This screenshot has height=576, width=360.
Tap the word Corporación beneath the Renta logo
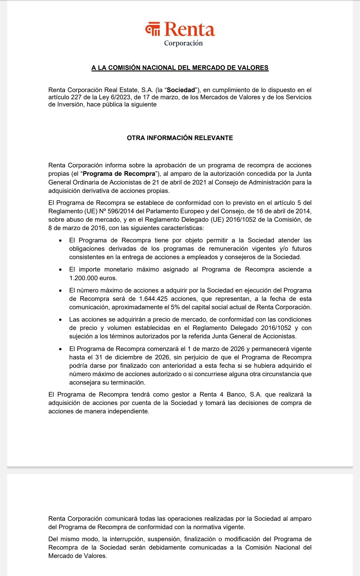[183, 43]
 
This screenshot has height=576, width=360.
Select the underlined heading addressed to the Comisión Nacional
[180, 68]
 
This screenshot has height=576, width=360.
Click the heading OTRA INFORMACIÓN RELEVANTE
[180, 138]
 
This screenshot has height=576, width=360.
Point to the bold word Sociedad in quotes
[181, 90]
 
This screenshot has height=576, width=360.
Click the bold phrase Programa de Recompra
[119, 174]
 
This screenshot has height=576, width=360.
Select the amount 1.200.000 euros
[93, 278]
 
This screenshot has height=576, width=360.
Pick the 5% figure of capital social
[175, 307]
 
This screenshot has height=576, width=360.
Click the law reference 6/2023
[121, 97]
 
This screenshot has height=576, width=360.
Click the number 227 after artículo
[76, 97]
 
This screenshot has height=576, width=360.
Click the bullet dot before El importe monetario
[61, 270]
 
